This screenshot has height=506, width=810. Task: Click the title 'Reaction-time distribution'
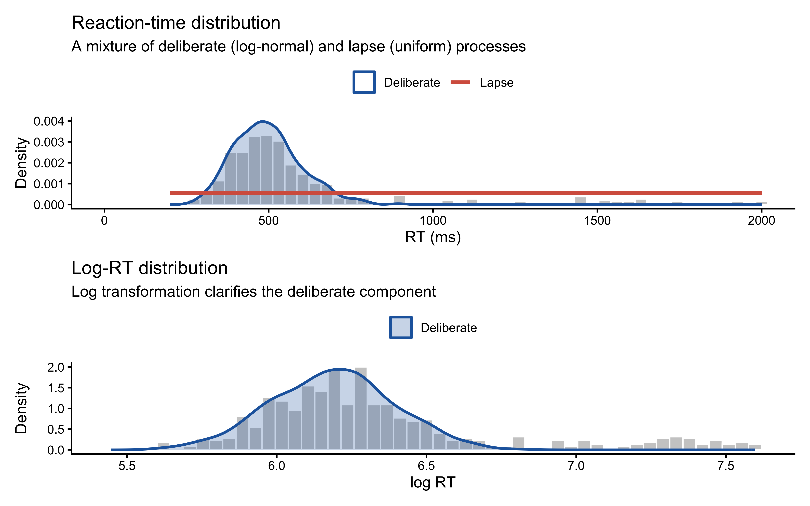176,23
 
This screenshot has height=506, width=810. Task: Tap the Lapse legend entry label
496,83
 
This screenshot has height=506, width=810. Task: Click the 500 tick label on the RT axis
268,221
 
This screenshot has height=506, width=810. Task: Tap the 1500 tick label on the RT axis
597,221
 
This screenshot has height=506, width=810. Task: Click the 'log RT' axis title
433,483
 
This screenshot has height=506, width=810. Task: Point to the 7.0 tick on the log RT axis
576,466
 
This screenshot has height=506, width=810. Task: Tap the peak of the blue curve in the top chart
263,121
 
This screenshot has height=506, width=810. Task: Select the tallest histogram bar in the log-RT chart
360,408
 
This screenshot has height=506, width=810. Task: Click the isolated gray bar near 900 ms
399,200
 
